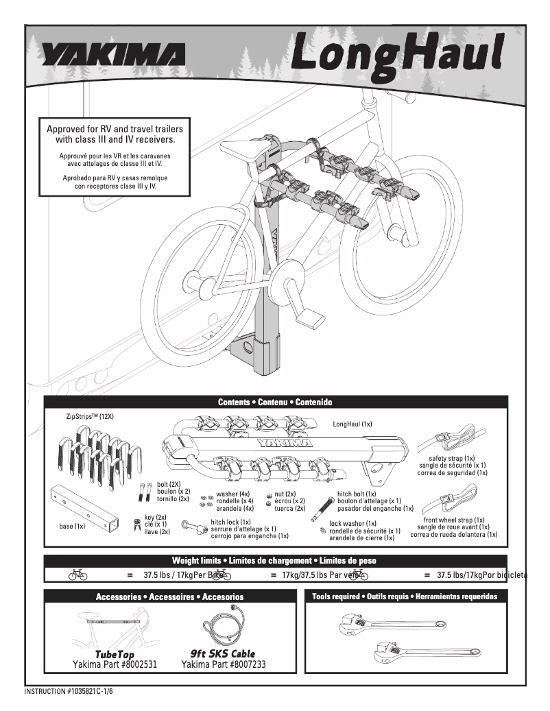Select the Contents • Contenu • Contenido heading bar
tap(275, 402)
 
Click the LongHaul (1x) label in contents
tap(352, 424)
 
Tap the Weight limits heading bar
tap(275, 561)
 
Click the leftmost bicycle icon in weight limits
tap(77, 576)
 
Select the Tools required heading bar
tap(405, 596)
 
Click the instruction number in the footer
tap(68, 691)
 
